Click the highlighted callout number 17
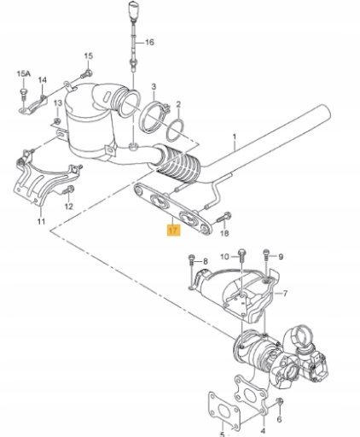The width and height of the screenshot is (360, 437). point(173,230)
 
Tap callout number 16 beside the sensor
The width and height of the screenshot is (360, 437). point(149,43)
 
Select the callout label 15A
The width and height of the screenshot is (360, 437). point(23,74)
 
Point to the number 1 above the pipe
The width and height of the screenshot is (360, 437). point(235,137)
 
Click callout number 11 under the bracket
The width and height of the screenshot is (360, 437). point(41,221)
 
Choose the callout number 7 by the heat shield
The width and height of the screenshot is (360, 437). point(285,293)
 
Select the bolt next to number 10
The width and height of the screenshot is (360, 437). point(241,257)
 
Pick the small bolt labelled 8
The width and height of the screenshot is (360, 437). point(191,259)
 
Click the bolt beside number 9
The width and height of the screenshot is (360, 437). point(266,254)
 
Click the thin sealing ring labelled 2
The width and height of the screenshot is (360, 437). point(174,131)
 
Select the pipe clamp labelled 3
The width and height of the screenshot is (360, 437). point(154,118)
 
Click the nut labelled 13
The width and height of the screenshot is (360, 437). point(57,121)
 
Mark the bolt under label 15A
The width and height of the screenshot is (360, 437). point(23,95)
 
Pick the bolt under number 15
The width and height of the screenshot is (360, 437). point(86,74)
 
